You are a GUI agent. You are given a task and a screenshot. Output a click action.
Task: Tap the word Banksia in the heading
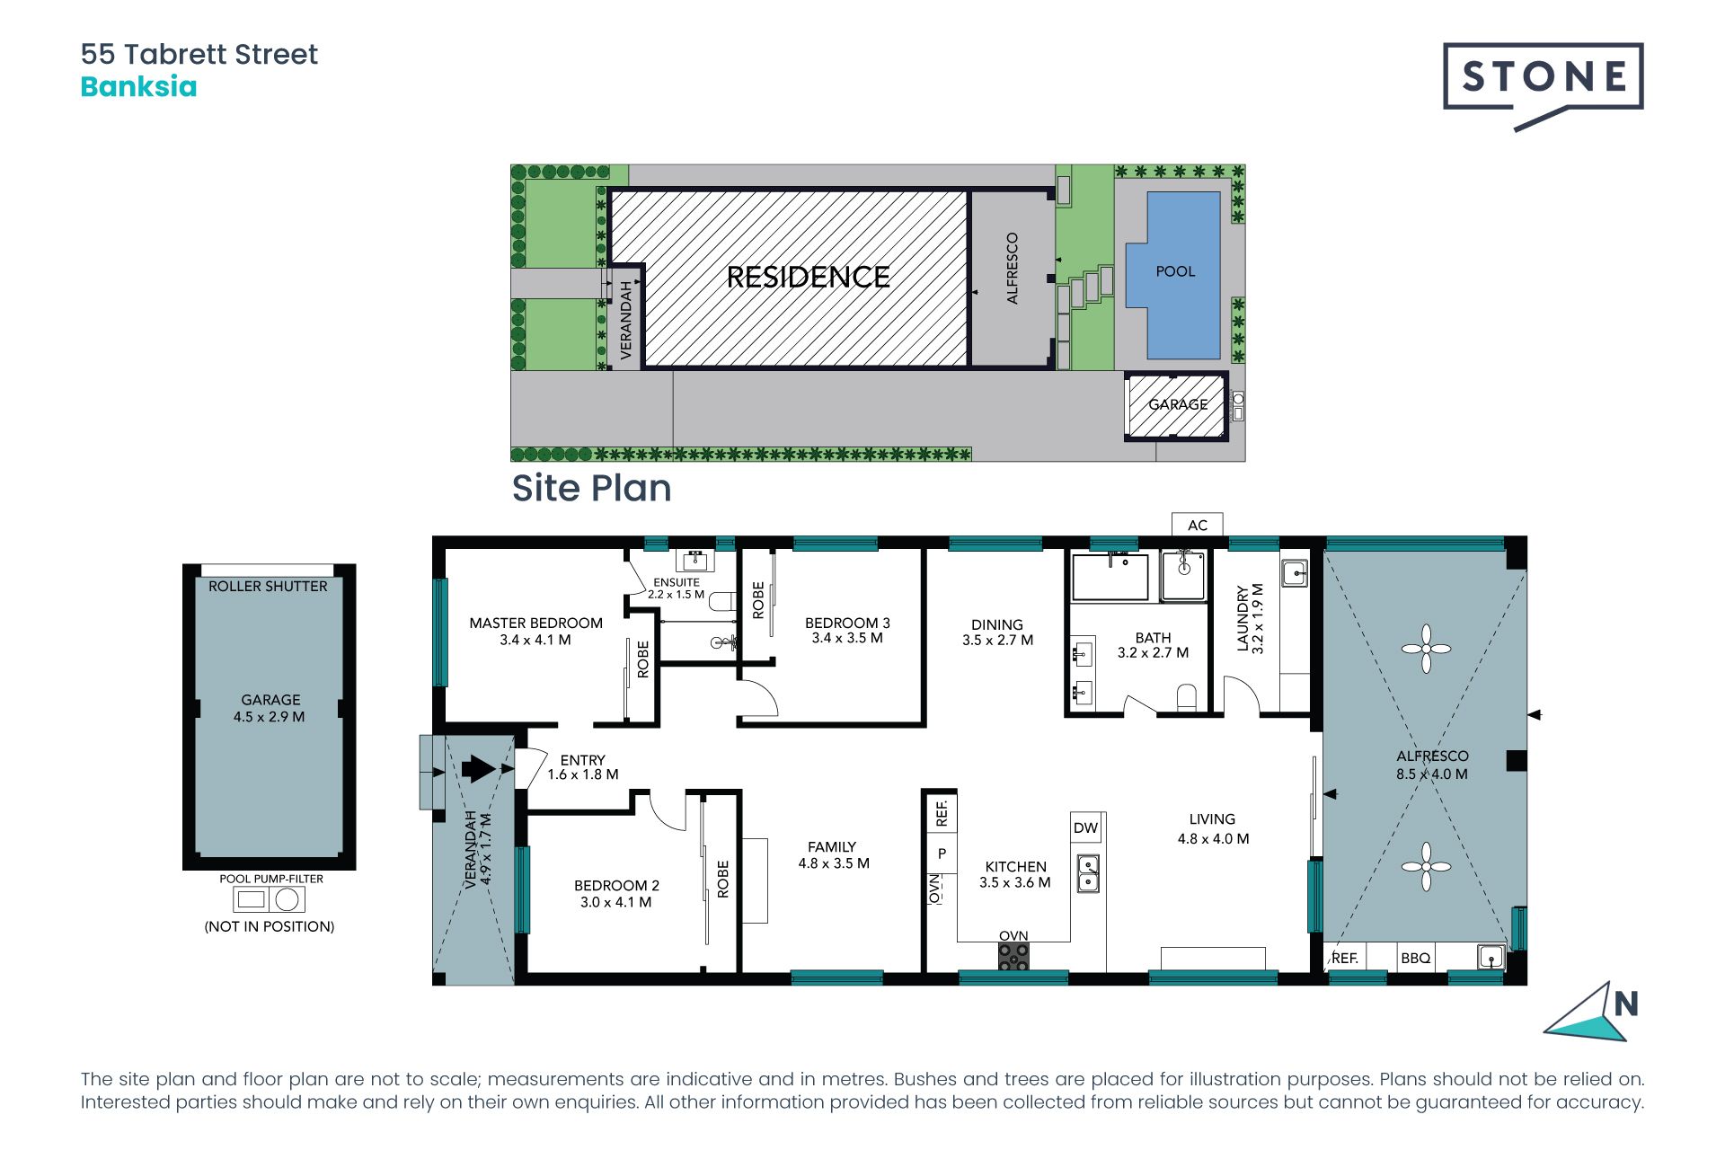[x=138, y=87]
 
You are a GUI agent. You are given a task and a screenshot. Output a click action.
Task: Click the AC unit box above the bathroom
[x=1198, y=525]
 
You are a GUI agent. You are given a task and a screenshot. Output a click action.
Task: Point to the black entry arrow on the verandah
[x=479, y=769]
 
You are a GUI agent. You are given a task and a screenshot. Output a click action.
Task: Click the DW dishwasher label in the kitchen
[x=1085, y=827]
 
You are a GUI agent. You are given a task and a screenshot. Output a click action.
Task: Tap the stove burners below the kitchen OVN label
[x=1014, y=957]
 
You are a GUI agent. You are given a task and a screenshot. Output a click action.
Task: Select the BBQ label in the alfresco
[x=1415, y=958]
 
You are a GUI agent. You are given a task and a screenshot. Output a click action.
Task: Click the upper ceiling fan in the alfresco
[x=1426, y=649]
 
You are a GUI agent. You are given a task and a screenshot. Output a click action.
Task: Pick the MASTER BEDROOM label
[x=535, y=623]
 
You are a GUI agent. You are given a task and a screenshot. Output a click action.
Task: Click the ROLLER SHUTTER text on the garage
[x=268, y=586]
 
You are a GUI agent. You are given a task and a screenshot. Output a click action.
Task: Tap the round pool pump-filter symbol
[x=287, y=898]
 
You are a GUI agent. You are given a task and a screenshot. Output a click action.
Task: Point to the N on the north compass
[x=1626, y=1004]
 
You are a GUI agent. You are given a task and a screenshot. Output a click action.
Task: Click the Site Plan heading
[x=591, y=488]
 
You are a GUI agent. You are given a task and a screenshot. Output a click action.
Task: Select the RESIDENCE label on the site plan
[x=808, y=277]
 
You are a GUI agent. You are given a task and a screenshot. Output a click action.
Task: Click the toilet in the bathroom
[x=1187, y=697]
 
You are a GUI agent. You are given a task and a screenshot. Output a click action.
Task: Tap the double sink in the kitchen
[x=1088, y=872]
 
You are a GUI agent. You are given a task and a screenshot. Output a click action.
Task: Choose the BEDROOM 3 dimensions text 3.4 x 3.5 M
[x=846, y=638]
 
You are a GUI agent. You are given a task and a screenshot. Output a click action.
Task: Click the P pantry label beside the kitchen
[x=942, y=854]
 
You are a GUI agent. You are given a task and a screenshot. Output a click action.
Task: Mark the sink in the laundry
[x=1295, y=572]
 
